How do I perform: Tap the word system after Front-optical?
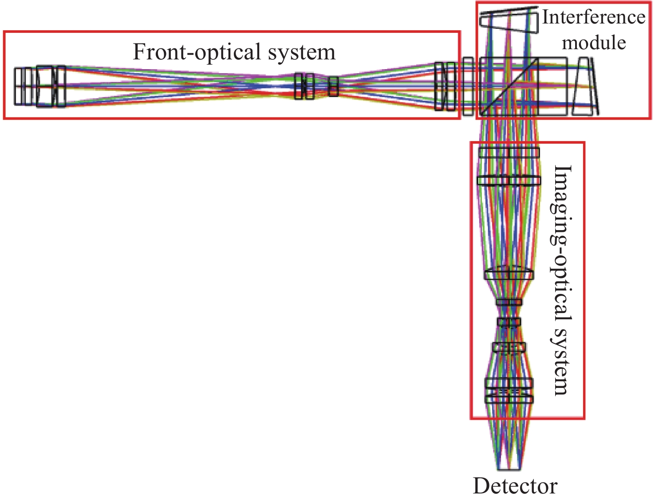click(x=302, y=52)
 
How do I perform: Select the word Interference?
click(x=594, y=18)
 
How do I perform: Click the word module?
click(x=594, y=43)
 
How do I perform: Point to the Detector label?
click(x=515, y=486)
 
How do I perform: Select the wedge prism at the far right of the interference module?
click(x=585, y=86)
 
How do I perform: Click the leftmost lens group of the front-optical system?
click(x=40, y=86)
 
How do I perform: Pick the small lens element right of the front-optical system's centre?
click(x=333, y=86)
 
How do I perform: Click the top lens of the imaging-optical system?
click(x=509, y=153)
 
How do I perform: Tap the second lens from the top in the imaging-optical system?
click(x=509, y=180)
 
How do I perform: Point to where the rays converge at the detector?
click(x=509, y=468)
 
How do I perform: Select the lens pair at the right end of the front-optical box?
click(x=445, y=86)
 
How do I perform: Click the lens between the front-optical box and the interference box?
click(x=468, y=86)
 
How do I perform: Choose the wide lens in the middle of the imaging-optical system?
click(x=509, y=274)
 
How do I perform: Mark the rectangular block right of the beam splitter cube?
click(x=553, y=86)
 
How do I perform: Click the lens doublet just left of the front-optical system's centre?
click(x=304, y=86)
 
